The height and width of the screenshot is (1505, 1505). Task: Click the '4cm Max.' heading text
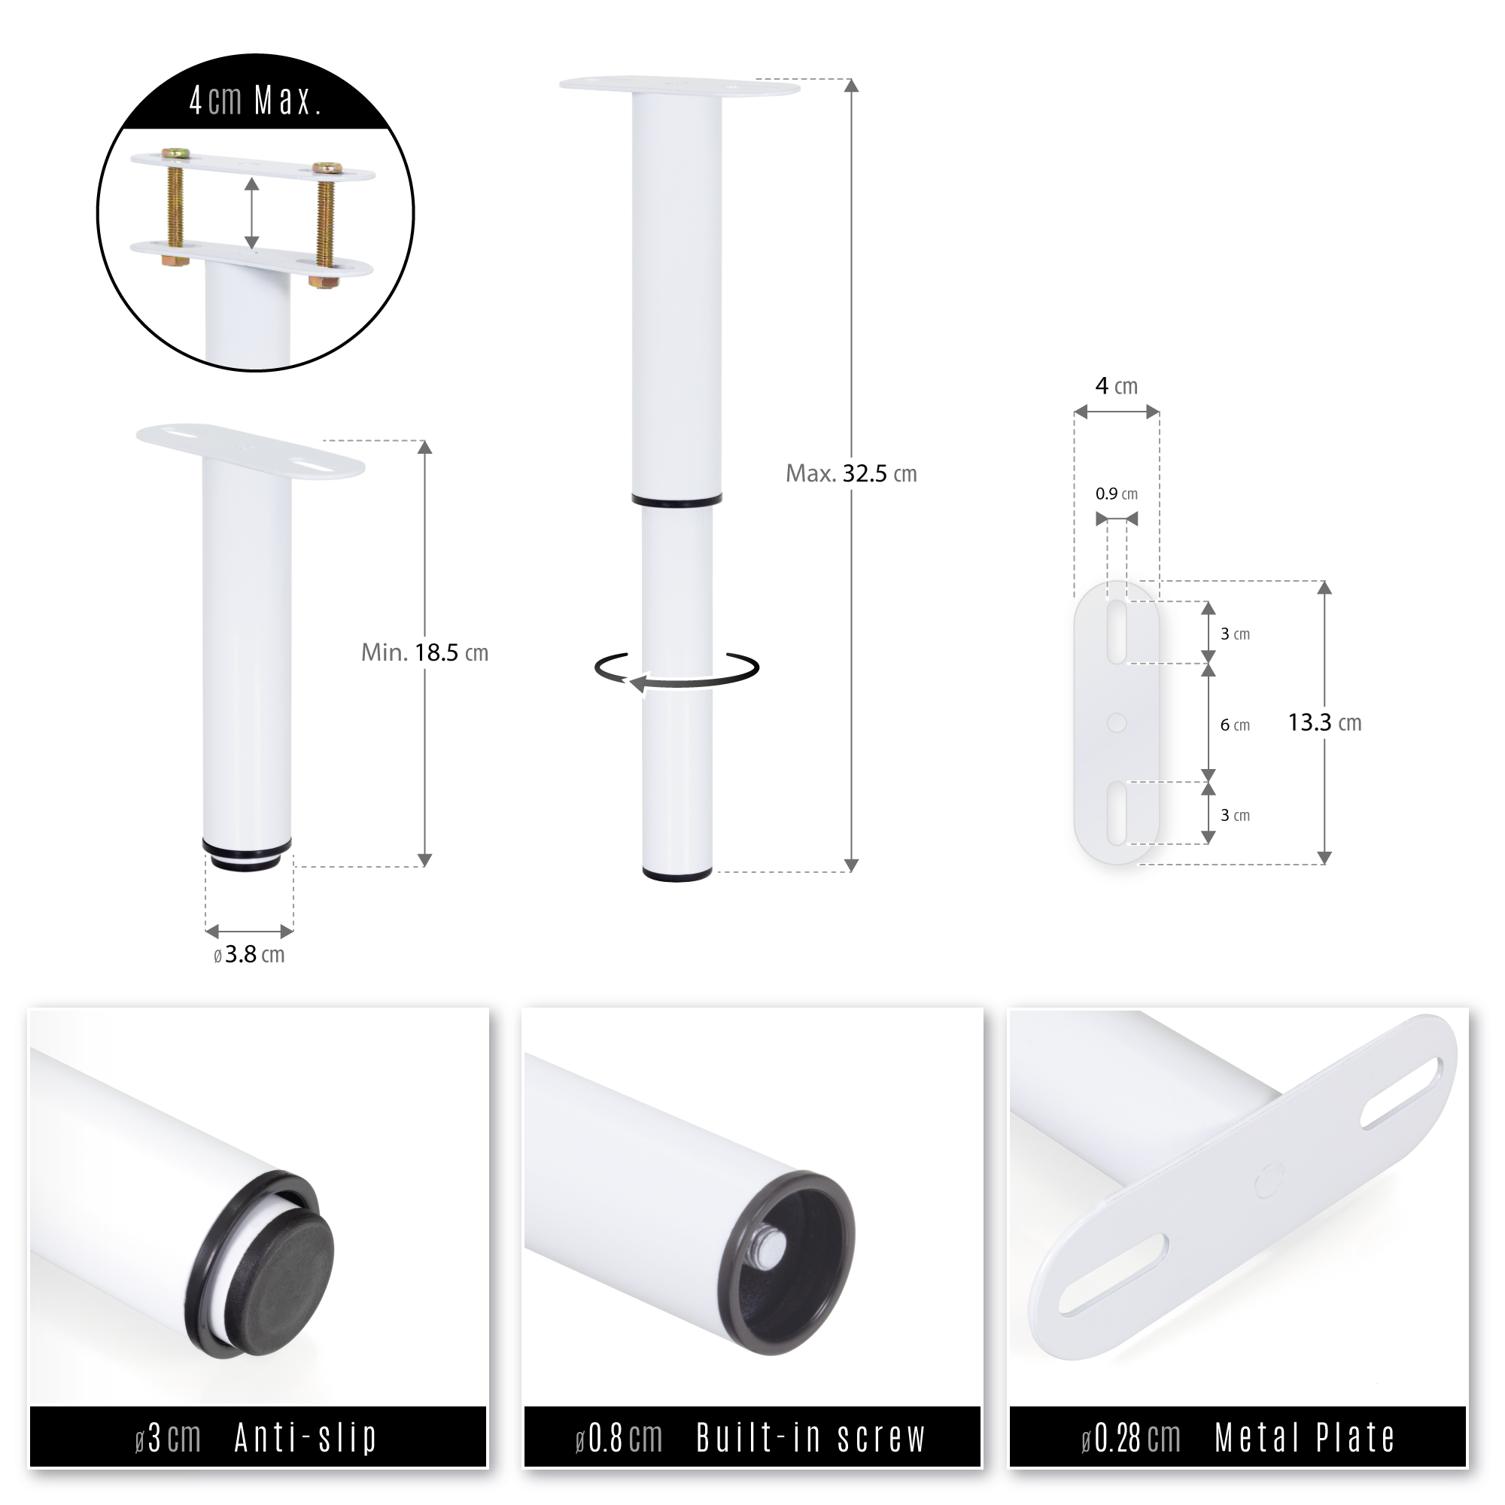(x=256, y=102)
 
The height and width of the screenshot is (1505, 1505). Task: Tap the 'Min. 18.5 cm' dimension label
(x=424, y=652)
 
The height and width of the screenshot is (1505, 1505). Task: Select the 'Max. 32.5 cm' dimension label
(x=850, y=473)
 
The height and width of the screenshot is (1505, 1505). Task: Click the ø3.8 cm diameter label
(x=249, y=955)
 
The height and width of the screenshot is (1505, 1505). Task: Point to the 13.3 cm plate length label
(x=1324, y=723)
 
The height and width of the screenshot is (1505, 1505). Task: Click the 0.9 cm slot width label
(x=1116, y=494)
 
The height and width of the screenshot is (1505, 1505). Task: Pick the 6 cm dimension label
(x=1235, y=725)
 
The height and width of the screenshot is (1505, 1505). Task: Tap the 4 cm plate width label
(x=1116, y=386)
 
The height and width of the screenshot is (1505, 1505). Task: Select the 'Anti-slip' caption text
(x=306, y=1438)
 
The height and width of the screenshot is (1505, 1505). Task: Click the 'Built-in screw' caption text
(x=810, y=1438)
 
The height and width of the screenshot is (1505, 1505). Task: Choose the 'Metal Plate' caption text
(x=1304, y=1438)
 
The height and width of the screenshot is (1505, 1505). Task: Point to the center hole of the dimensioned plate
(x=1116, y=723)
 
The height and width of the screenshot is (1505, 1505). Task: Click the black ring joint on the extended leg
(x=676, y=500)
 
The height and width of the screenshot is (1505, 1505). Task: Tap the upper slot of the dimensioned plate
(x=1116, y=632)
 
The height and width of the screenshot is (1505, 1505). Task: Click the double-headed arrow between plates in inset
(x=251, y=213)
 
